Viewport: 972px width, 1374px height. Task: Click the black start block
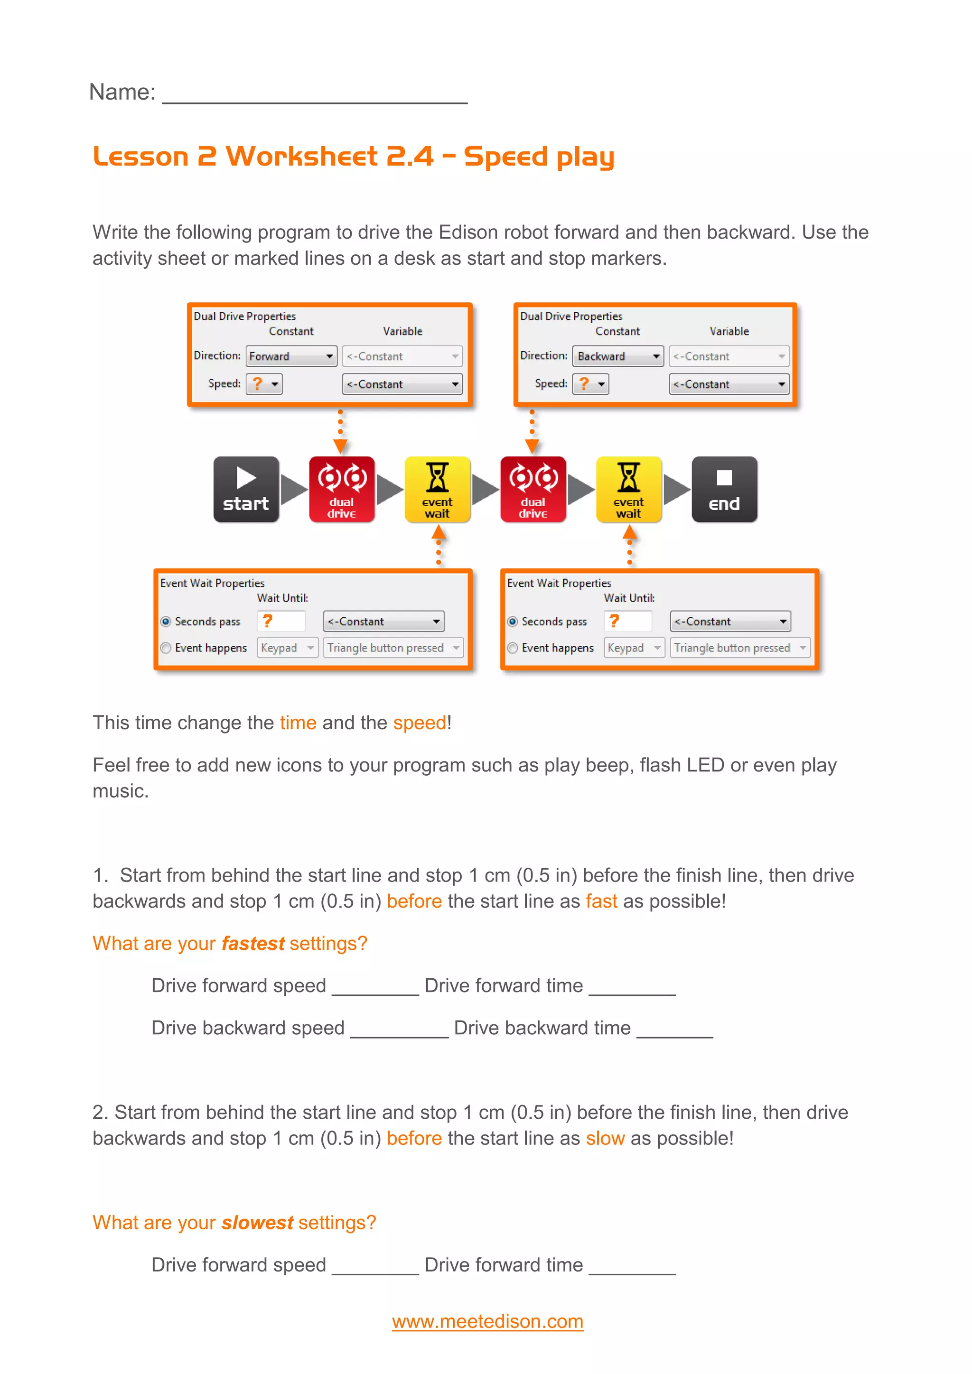tap(246, 489)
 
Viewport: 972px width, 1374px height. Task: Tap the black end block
tap(724, 489)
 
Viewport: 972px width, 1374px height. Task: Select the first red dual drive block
tap(342, 489)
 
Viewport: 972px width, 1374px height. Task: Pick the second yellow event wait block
tap(628, 489)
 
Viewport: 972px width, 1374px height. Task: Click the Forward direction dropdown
tap(291, 356)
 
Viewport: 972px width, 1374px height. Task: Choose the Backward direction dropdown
tap(617, 356)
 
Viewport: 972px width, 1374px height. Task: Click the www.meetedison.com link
tap(487, 1321)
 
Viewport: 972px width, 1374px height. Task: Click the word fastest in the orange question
tap(252, 943)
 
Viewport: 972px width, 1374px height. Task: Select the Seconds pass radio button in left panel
tap(167, 622)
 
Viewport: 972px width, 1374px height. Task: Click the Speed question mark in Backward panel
tap(585, 384)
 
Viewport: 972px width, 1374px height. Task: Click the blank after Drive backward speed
tap(399, 1029)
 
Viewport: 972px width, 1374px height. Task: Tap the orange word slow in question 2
tap(605, 1138)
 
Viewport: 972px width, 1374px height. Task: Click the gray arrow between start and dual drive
tap(293, 489)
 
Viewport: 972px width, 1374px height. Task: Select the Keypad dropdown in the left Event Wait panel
tap(287, 648)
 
